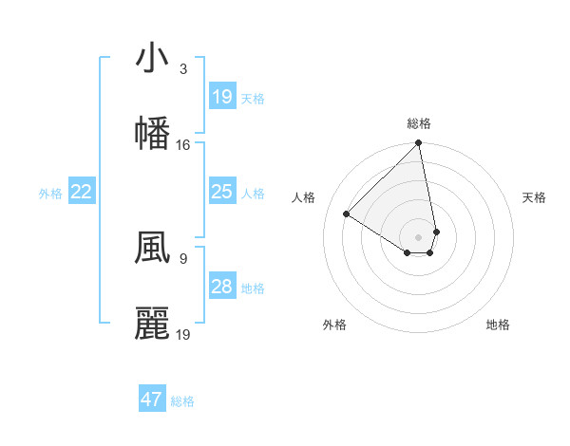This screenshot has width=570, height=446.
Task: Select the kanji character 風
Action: [x=151, y=249]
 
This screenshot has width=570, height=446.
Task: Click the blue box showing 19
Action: [x=221, y=97]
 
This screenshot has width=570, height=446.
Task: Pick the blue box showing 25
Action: [x=221, y=192]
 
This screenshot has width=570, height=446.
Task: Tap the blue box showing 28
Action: [x=221, y=287]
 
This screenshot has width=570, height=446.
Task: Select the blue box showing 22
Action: [x=82, y=192]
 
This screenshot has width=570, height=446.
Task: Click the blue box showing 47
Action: [x=151, y=400]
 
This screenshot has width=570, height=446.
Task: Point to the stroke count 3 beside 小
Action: [x=182, y=69]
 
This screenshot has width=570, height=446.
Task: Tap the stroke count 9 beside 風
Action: [x=182, y=257]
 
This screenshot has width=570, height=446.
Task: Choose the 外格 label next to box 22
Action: [x=50, y=194]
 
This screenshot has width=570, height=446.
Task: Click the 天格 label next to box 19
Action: [x=253, y=99]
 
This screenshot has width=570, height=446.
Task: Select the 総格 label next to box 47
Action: [x=182, y=401]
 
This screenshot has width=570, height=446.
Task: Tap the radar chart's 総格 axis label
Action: [x=419, y=123]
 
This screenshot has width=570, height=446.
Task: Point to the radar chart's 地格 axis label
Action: [x=498, y=325]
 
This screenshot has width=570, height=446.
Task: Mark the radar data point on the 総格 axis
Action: [x=419, y=144]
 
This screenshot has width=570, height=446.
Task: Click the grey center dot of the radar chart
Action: [x=418, y=236]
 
